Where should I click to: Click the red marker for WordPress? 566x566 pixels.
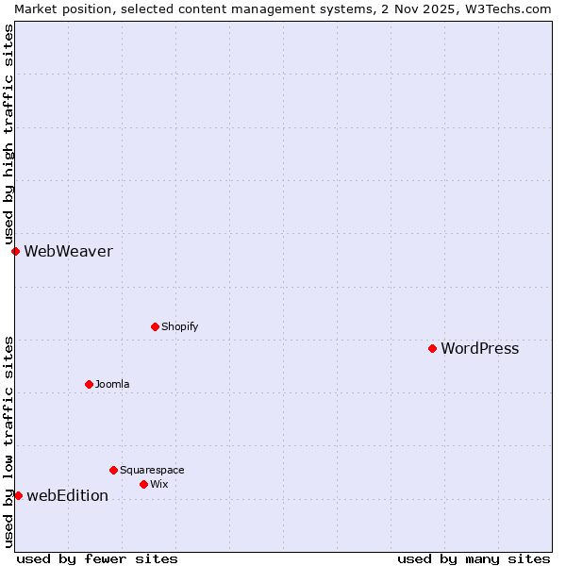point(432,348)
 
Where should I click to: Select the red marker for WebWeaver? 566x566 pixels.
point(15,251)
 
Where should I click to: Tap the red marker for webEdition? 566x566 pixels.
point(18,495)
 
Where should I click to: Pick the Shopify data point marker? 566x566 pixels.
point(155,326)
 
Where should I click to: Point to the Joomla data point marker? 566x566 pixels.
point(89,384)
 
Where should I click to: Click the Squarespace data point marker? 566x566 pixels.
point(113,470)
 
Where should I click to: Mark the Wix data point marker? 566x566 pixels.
point(143,484)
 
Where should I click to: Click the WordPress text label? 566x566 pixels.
point(479,349)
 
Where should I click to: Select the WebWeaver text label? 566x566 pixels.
point(68,251)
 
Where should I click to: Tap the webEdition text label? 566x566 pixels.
point(67,496)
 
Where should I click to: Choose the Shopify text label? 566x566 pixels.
point(179,326)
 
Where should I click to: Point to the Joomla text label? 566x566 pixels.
point(112,384)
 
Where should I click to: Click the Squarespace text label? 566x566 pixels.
point(152,470)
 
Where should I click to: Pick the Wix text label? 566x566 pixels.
point(159,484)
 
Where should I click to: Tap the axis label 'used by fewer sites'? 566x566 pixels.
point(97,558)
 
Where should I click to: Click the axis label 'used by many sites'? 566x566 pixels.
point(474,558)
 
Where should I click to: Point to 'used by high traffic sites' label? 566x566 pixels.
point(9,134)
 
